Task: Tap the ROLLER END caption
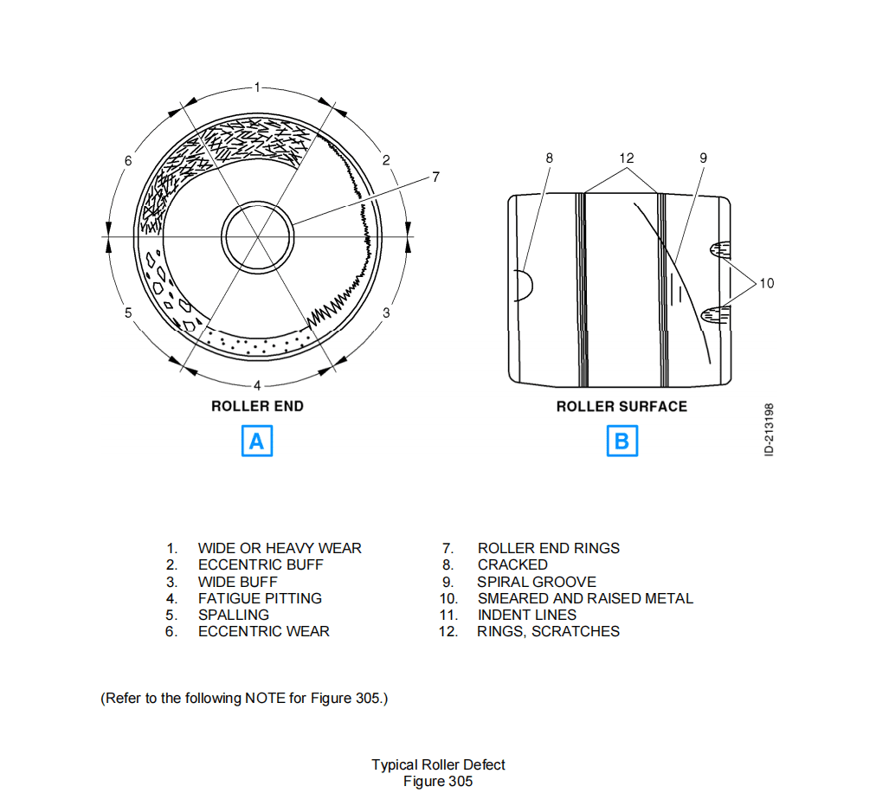point(257,406)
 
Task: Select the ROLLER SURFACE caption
point(622,406)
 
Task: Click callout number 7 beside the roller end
point(435,177)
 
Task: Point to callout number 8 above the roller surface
point(548,158)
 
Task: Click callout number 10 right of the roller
point(767,282)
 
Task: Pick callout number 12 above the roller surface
point(626,158)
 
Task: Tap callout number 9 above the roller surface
point(703,158)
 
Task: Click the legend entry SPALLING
point(233,615)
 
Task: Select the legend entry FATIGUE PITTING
point(259,598)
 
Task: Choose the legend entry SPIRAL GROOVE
point(536,582)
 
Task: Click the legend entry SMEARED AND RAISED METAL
point(584,598)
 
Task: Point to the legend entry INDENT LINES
point(526,615)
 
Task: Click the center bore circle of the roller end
point(257,236)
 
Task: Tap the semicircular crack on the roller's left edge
point(523,283)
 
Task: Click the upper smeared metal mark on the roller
point(721,250)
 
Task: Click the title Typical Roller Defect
point(438,764)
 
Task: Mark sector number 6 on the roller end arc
point(128,160)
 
